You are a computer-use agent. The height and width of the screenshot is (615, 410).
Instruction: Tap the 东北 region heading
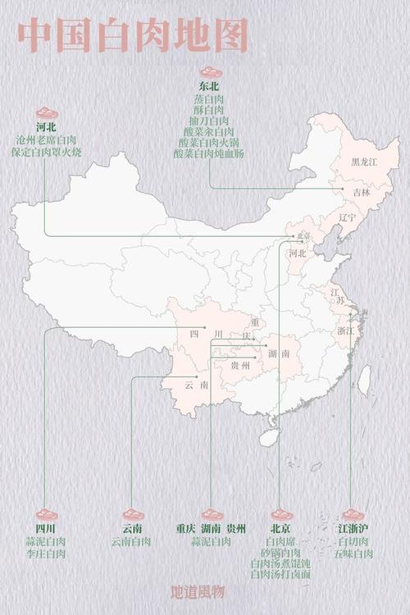pos(210,86)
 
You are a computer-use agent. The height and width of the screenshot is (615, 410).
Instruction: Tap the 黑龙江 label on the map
pos(364,162)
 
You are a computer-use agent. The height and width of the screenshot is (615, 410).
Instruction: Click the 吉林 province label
pos(362,192)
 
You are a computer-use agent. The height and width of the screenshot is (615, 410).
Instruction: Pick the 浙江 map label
pos(345,330)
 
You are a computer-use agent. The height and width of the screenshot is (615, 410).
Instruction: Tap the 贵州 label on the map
pos(240,365)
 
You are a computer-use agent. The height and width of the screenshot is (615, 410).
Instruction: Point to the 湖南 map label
pos(279,353)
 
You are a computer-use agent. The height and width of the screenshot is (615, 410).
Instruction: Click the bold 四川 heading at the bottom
pos(46,529)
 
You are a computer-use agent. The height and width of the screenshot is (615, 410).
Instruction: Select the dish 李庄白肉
pos(46,554)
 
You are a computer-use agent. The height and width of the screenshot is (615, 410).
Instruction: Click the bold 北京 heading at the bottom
pos(280,529)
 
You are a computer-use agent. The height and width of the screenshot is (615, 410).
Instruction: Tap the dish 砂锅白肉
pos(280,553)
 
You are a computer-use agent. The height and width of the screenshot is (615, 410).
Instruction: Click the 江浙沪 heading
pos(353,529)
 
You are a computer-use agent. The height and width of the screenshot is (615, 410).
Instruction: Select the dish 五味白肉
pos(353,554)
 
